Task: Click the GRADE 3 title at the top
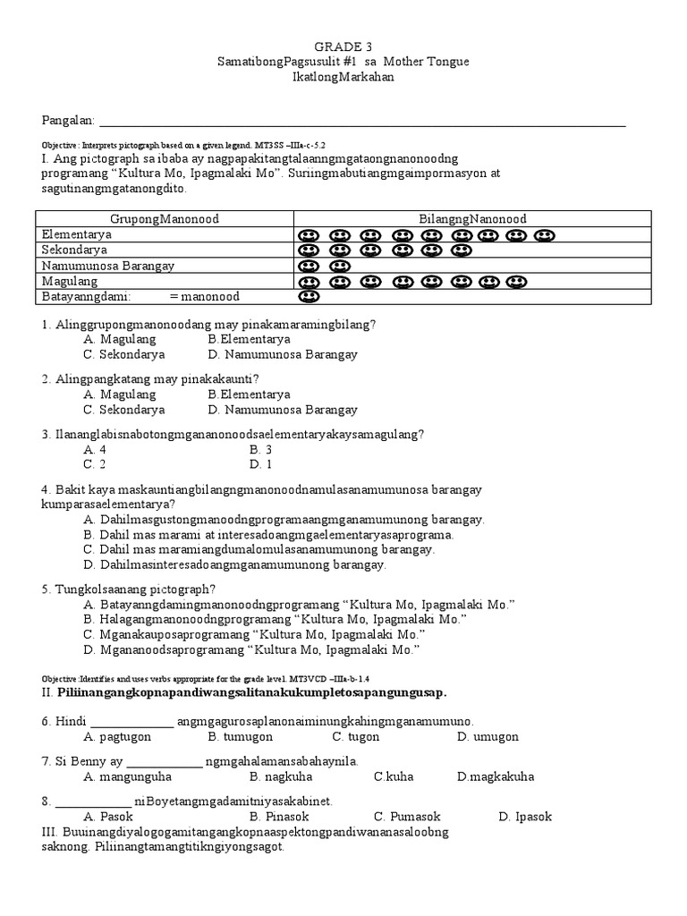[x=343, y=46]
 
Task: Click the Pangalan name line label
[x=68, y=121]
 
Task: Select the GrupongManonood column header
[x=165, y=219]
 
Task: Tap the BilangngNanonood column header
[x=473, y=219]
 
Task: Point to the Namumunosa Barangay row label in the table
[x=108, y=266]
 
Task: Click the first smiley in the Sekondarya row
[x=309, y=250]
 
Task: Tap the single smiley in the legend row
[x=309, y=297]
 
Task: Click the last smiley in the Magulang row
[x=515, y=282]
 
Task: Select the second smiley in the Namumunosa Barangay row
[x=339, y=267]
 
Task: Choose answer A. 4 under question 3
[x=95, y=449]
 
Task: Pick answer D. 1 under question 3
[x=261, y=464]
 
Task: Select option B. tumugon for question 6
[x=238, y=736]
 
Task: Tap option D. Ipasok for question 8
[x=525, y=817]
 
